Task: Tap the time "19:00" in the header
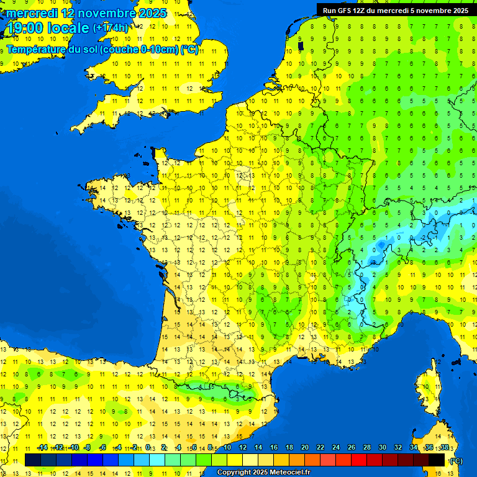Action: (x=27, y=28)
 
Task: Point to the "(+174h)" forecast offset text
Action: (x=111, y=28)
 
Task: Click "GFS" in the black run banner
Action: (x=346, y=11)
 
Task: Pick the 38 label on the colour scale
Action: (x=444, y=447)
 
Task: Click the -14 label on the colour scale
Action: (x=42, y=447)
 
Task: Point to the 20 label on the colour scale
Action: (x=305, y=447)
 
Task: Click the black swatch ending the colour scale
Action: (x=437, y=460)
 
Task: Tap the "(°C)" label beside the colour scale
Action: (x=455, y=460)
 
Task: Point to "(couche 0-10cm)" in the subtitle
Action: (x=140, y=49)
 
